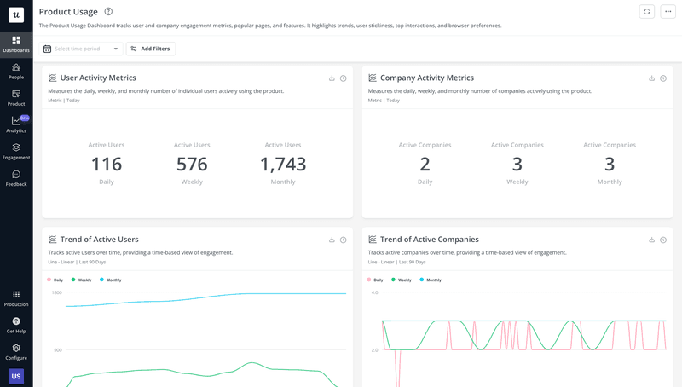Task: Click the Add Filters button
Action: (151, 49)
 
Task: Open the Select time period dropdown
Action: (81, 49)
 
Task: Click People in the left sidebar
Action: (16, 71)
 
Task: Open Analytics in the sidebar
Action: (16, 124)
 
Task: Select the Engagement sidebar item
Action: (16, 151)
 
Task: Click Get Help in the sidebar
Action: (16, 325)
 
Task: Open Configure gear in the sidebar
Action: (16, 351)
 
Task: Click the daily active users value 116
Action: (107, 164)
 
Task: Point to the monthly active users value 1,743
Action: (283, 164)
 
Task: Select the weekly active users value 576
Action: (192, 164)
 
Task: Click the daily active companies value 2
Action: (425, 164)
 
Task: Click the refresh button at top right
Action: (647, 11)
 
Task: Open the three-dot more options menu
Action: (668, 11)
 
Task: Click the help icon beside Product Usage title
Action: (107, 11)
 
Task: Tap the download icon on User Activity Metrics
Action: (332, 78)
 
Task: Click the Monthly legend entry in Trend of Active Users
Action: (110, 280)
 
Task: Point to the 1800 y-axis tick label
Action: (56, 292)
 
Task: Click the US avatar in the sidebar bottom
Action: (16, 376)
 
